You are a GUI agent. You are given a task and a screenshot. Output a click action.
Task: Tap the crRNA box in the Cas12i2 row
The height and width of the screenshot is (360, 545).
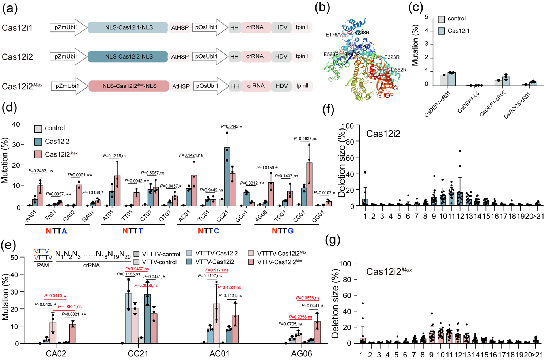[255, 56]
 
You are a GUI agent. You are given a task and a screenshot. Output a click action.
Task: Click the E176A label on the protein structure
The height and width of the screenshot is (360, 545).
[333, 35]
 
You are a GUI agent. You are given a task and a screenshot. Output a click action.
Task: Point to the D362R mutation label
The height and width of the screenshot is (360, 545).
[398, 70]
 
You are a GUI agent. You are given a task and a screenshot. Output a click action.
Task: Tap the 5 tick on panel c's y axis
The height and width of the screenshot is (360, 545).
[426, 17]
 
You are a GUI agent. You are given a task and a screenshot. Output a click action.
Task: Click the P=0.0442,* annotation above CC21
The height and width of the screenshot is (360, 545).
[231, 127]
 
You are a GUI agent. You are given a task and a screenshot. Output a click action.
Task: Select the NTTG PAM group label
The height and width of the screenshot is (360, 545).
[283, 231]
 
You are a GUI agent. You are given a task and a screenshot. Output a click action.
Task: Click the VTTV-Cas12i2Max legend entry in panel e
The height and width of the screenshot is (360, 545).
[277, 262]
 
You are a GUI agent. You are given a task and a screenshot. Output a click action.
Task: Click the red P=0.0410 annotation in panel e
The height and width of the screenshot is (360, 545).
[55, 296]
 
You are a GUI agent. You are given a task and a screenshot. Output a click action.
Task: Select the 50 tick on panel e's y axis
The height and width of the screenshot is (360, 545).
[14, 257]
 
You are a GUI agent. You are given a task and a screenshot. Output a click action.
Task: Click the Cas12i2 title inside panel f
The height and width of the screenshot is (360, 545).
[383, 134]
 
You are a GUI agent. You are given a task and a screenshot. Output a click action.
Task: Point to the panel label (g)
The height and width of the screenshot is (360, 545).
[333, 240]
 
